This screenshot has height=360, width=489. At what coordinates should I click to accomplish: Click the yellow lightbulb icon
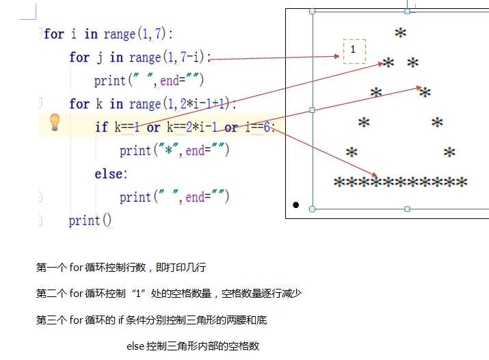[55, 123]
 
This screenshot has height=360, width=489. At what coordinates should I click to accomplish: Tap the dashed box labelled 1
[354, 51]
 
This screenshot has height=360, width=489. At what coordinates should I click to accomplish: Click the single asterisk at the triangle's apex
[400, 32]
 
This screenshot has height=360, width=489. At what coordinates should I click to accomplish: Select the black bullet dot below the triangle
[296, 205]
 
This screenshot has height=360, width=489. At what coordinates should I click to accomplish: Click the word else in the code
[110, 174]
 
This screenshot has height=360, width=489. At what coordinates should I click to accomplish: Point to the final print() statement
[90, 220]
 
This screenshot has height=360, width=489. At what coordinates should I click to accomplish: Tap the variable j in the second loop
[99, 57]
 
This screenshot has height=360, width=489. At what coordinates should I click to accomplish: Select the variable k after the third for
[99, 103]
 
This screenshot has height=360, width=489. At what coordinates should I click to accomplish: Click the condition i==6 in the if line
[258, 127]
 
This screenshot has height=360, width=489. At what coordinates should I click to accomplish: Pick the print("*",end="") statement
[174, 151]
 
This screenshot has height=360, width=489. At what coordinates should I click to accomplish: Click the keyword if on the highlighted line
[101, 127]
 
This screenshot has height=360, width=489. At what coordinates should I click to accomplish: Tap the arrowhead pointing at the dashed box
[336, 56]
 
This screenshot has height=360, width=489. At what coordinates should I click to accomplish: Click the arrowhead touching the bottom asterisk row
[375, 175]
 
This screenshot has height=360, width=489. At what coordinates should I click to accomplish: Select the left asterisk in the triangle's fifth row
[352, 152]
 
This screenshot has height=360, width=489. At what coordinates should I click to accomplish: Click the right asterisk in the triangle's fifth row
[449, 152]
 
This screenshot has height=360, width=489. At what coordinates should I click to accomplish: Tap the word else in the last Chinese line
[135, 346]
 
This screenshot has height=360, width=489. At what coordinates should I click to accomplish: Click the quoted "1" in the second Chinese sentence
[139, 293]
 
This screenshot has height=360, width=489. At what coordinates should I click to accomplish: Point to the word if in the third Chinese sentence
[120, 320]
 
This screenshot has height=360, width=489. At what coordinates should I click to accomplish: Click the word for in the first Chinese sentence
[76, 268]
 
